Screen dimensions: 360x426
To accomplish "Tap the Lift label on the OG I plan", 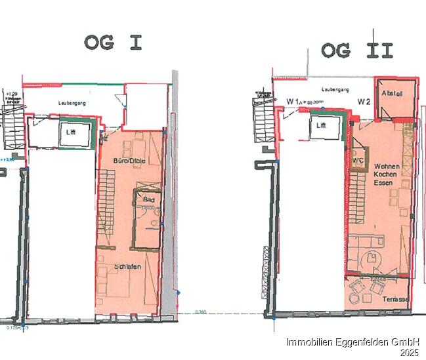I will coord(71,132).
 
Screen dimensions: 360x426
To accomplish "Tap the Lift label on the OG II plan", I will coord(321,125).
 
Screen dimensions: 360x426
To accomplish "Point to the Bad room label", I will coord(148,198).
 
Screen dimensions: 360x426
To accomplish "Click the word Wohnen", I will coord(386,167).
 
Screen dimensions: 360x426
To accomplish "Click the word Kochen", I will coord(385,176).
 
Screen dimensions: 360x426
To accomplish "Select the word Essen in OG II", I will coord(384,184).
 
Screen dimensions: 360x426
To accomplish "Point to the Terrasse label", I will coord(396,299).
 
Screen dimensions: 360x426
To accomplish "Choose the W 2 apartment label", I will coord(364,101).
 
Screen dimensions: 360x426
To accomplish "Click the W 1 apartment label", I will coord(293,102).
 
